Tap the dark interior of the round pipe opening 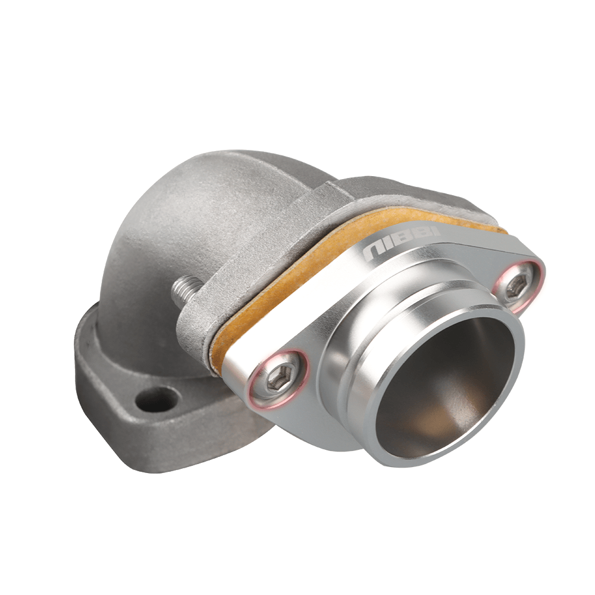443,387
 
